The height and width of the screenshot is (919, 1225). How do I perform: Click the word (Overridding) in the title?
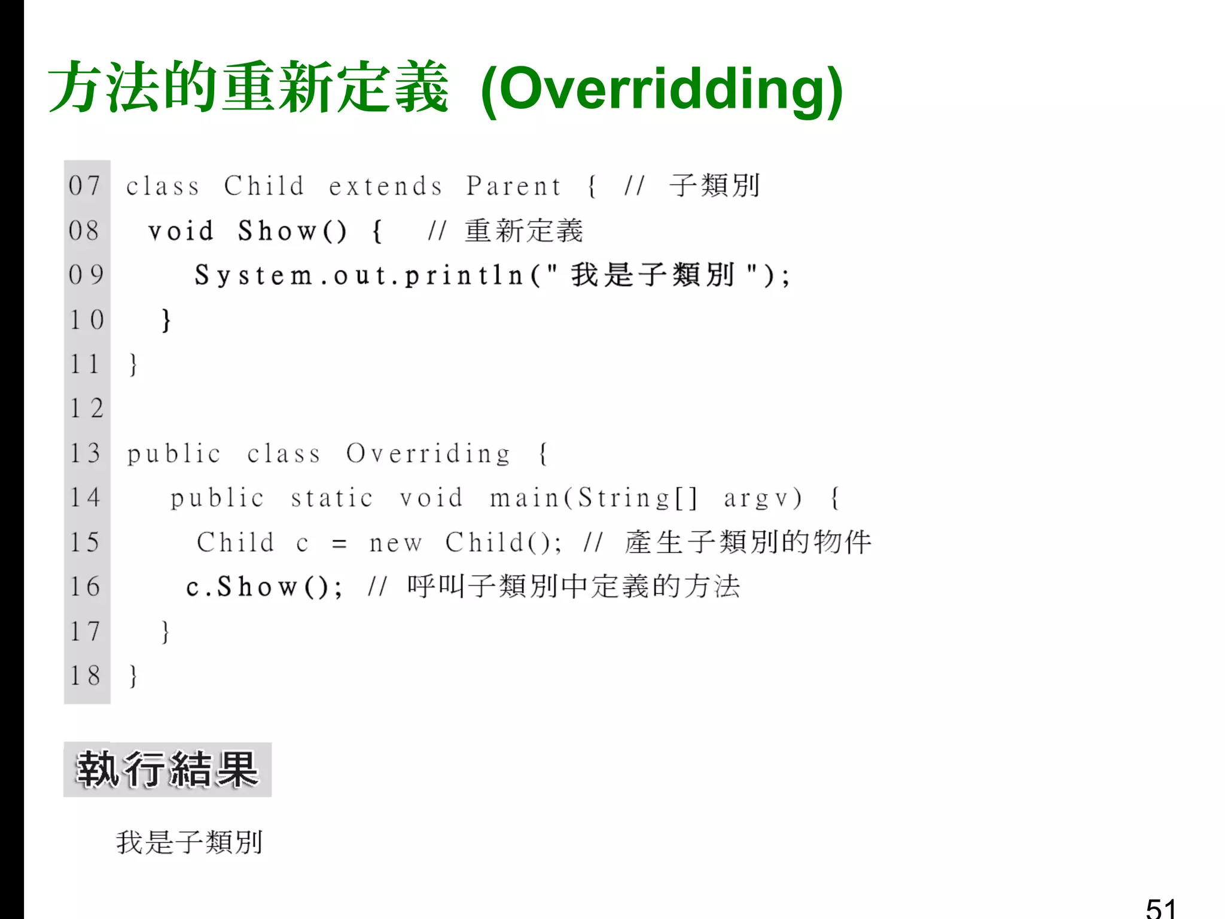(x=662, y=90)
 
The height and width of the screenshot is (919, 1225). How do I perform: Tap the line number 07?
(x=84, y=185)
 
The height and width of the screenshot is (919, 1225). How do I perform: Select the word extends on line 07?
(x=386, y=186)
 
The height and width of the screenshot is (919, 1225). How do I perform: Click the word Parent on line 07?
(x=514, y=186)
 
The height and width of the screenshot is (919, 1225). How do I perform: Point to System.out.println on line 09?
(x=359, y=276)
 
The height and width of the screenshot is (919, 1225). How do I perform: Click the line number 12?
(x=87, y=409)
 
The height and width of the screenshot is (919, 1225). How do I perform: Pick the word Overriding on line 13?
(x=428, y=454)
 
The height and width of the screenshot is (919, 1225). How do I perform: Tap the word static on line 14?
(x=332, y=498)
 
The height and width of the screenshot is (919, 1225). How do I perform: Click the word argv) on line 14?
(x=763, y=498)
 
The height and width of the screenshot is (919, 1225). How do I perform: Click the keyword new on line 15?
(x=395, y=543)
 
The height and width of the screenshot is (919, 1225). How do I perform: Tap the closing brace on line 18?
(x=133, y=676)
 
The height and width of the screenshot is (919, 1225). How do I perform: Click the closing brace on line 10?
(x=166, y=320)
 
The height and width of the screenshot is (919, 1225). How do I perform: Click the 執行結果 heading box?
(x=167, y=769)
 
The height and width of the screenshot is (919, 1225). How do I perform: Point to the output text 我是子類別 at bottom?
(x=189, y=842)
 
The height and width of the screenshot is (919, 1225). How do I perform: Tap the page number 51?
(x=1160, y=908)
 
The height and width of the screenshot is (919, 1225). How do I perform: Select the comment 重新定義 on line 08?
(x=523, y=231)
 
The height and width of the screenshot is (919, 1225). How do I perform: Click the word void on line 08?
(x=181, y=231)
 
